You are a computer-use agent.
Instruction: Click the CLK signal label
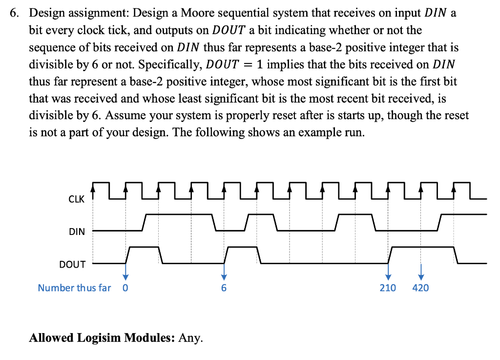(x=76, y=199)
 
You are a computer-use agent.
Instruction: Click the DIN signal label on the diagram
(x=77, y=232)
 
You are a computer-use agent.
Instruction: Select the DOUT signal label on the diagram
(x=72, y=264)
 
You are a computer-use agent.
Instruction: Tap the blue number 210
(x=388, y=288)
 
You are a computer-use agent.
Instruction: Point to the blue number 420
(x=420, y=288)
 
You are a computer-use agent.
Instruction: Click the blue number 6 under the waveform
(x=224, y=288)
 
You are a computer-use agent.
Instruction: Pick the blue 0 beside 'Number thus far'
(x=125, y=288)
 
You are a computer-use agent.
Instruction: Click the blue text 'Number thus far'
(x=74, y=288)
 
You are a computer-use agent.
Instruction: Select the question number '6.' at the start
(x=15, y=14)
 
